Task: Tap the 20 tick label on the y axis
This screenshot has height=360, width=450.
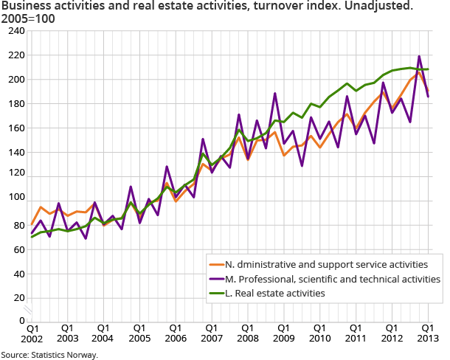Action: point(18,297)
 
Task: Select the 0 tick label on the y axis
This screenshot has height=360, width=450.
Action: point(21,321)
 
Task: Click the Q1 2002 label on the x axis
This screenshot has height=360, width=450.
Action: point(32,333)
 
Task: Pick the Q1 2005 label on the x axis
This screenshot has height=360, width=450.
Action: point(139,333)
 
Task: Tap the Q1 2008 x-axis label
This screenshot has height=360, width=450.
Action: point(247,333)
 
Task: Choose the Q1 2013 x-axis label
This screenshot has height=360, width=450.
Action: point(427,333)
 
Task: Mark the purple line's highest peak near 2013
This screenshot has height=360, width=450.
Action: point(419,56)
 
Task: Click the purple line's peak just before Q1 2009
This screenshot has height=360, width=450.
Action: point(275,94)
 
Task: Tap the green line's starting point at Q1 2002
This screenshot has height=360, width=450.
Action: point(32,237)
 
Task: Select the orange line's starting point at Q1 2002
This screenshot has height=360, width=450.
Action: point(32,224)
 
